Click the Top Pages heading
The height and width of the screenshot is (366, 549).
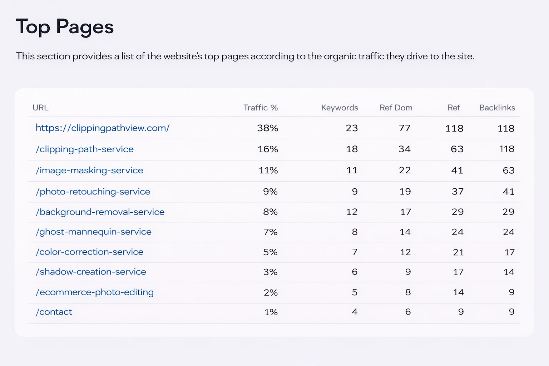[65, 27]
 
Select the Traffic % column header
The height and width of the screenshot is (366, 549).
[260, 108]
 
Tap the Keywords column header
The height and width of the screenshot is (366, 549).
[339, 108]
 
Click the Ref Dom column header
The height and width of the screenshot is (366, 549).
[396, 108]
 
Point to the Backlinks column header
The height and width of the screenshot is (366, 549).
[497, 108]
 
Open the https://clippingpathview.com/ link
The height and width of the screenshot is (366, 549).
[103, 128]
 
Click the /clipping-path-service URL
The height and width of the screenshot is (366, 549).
[85, 149]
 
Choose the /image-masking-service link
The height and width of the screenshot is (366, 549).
[89, 170]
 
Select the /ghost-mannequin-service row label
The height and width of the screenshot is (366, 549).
[94, 232]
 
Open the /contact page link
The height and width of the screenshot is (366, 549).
[54, 312]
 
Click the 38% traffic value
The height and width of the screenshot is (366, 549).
[267, 128]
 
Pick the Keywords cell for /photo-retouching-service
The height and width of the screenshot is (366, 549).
[355, 192]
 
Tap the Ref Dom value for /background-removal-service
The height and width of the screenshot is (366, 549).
[405, 212]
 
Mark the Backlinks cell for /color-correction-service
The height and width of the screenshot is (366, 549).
[509, 252]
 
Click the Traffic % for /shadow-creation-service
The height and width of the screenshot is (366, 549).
[270, 272]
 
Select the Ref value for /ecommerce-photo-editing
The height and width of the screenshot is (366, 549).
[458, 292]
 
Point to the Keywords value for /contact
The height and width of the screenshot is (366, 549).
[355, 312]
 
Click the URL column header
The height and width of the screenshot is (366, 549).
[40, 108]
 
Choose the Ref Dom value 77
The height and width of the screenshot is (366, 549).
[405, 128]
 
